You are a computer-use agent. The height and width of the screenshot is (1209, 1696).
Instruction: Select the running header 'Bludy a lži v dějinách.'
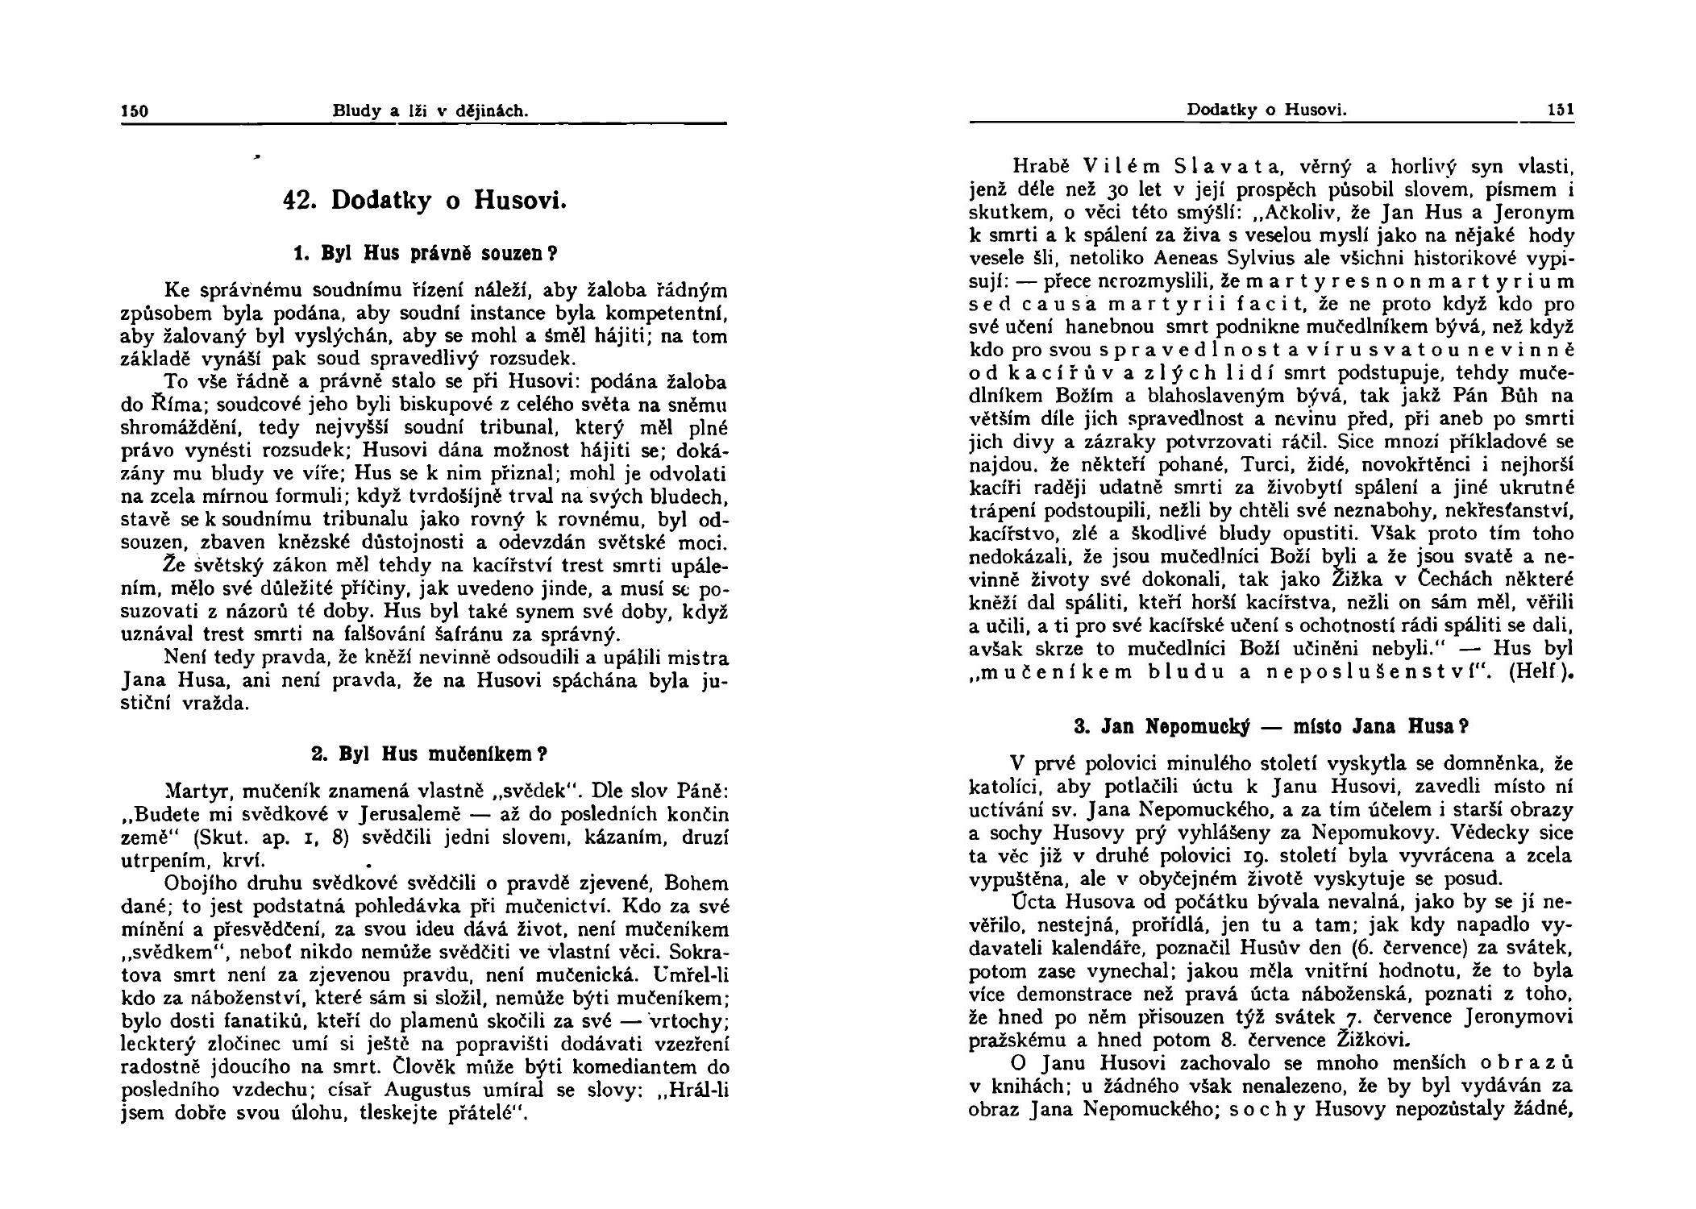[x=430, y=111]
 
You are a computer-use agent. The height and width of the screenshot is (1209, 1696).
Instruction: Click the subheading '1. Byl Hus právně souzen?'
[x=424, y=253]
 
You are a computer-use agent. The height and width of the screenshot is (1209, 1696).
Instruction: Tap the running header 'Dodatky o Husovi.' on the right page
[x=1266, y=110]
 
